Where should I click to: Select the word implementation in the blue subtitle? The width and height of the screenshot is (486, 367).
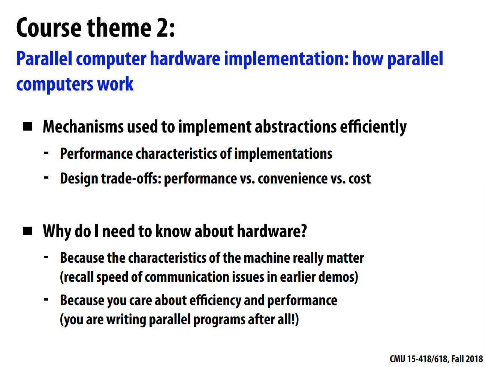[x=286, y=59]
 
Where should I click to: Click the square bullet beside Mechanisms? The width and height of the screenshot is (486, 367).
[x=27, y=126]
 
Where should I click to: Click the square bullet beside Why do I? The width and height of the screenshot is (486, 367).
[x=27, y=231]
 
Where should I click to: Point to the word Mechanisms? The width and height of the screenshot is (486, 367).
[x=83, y=126]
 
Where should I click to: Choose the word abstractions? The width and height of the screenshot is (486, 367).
[x=296, y=126]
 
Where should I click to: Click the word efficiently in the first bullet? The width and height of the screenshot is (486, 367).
[x=373, y=128]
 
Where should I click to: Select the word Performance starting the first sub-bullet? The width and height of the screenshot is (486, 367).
[x=96, y=153]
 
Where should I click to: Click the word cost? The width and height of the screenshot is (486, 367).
[x=360, y=179]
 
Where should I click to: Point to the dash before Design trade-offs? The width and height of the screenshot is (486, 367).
[x=46, y=177]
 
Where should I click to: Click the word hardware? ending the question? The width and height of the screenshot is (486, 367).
[x=272, y=231]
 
